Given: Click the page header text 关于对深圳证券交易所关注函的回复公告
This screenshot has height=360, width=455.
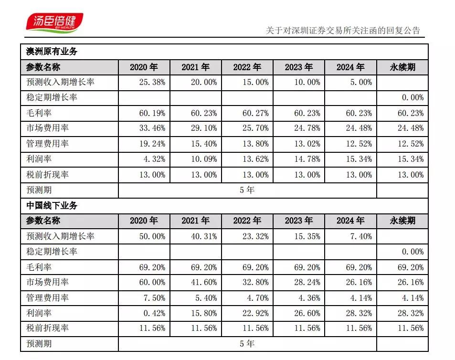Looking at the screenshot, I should click(343, 31).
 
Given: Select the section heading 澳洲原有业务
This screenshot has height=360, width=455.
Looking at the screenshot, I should click(52, 52).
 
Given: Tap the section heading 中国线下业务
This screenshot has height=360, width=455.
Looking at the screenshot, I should click(52, 206).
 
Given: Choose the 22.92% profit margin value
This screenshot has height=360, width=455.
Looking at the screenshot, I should click(257, 313).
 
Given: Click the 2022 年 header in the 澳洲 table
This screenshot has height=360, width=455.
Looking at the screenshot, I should click(247, 67).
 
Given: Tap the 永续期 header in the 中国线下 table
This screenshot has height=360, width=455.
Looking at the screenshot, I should click(402, 221).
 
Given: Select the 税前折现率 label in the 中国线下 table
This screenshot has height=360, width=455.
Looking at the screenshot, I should click(47, 328).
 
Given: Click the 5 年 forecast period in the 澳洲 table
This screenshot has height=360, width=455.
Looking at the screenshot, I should click(247, 190).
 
